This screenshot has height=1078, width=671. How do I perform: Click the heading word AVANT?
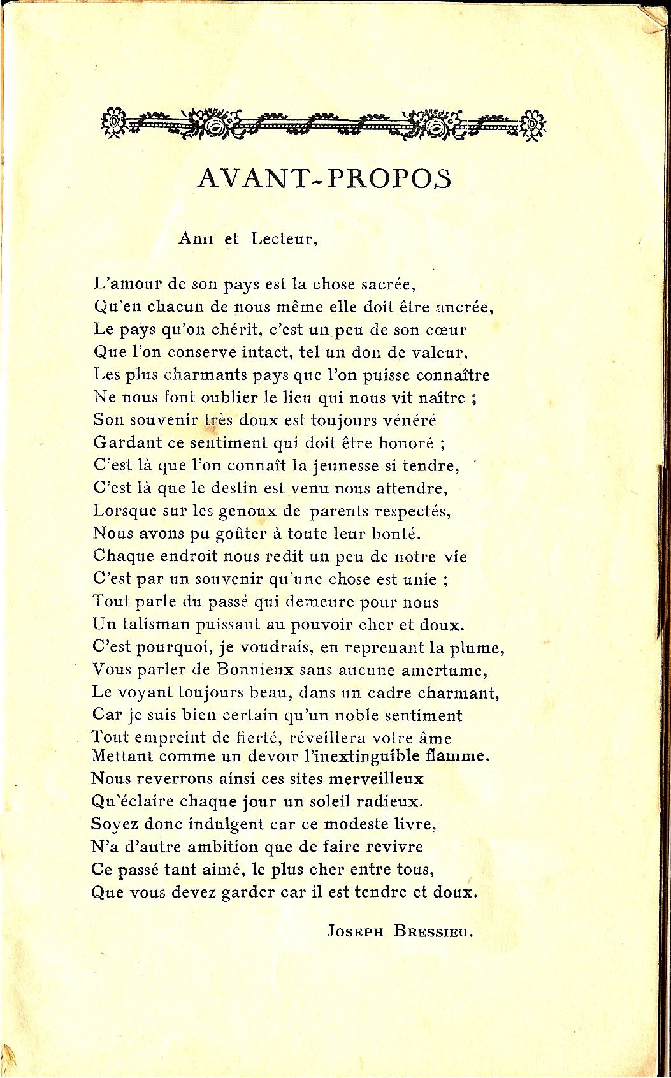pos(256,178)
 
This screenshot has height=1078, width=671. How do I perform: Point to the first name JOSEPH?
pos(355,931)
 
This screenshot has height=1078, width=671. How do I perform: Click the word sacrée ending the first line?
pos(388,284)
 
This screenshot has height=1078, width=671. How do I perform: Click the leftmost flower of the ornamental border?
pos(113,121)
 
